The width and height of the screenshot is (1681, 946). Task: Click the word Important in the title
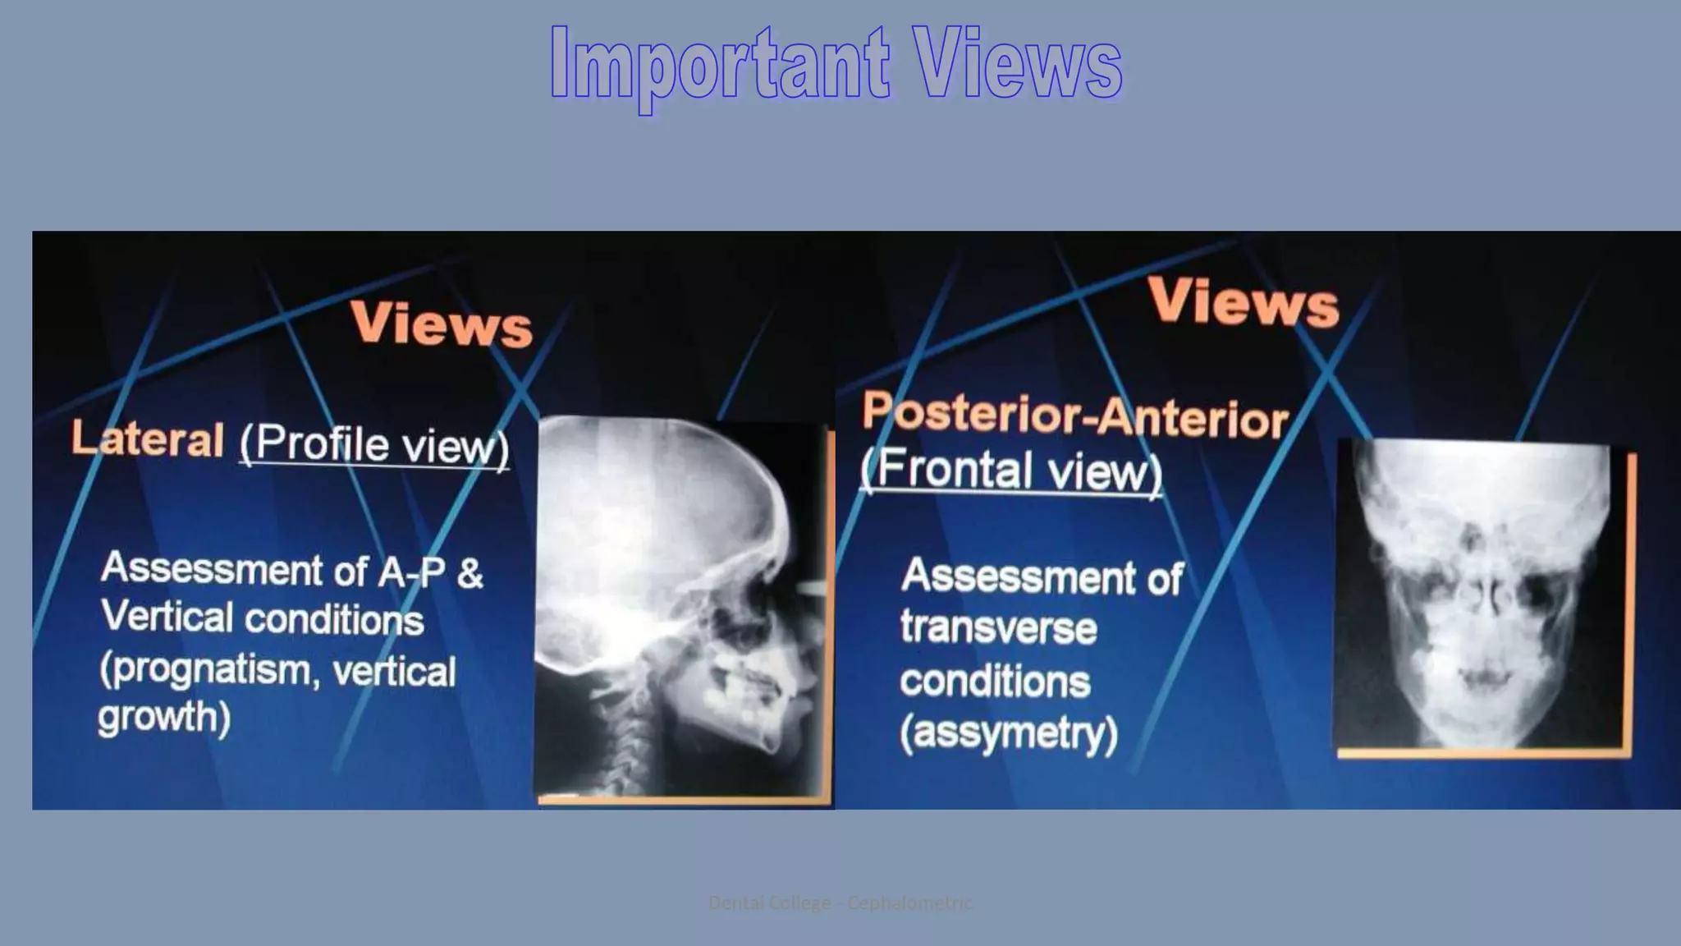[719, 64]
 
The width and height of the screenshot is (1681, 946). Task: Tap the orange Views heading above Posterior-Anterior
[1243, 302]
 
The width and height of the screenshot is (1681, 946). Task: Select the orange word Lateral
[148, 439]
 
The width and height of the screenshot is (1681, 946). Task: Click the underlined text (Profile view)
[374, 445]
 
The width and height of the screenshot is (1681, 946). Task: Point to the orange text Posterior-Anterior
[1074, 416]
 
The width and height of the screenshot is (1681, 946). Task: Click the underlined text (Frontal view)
[1011, 471]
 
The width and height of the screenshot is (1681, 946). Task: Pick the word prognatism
[205, 670]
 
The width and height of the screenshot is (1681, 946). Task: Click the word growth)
[164, 718]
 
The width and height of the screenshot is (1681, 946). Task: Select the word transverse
[998, 628]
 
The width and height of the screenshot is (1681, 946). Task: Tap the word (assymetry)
[1009, 732]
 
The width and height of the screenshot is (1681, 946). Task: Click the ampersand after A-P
[469, 573]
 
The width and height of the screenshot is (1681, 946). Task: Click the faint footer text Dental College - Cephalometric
[840, 903]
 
